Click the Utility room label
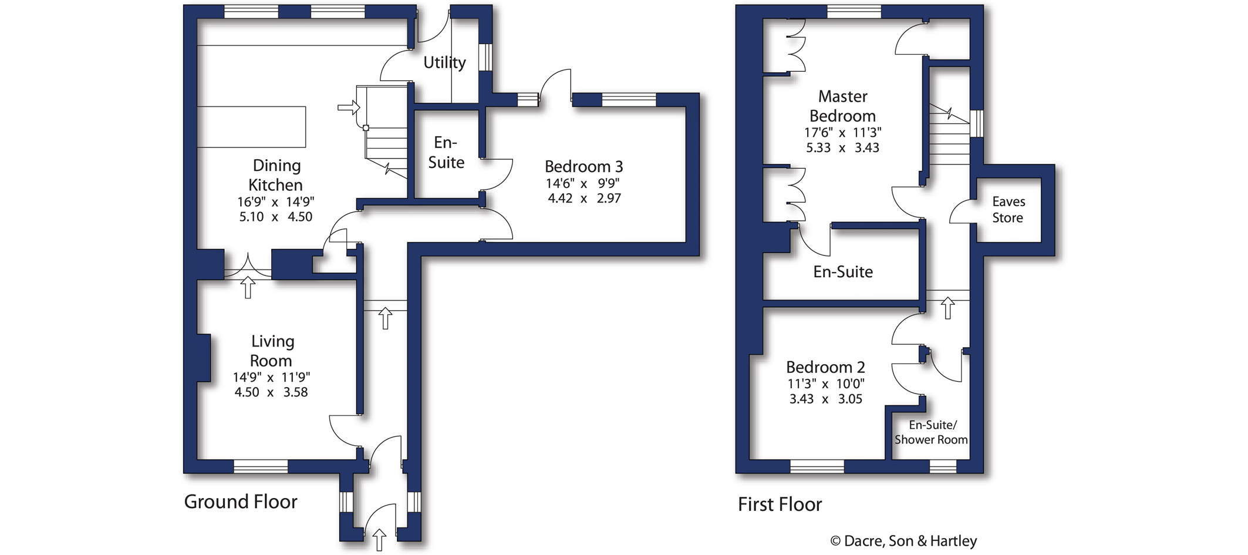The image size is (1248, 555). [x=444, y=62]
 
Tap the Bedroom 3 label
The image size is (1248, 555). [x=583, y=166]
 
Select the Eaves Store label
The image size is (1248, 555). [x=1008, y=210]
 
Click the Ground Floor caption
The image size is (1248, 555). [x=241, y=502]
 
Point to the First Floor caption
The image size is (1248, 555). [x=780, y=504]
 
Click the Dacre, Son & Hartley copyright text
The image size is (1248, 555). [x=903, y=541]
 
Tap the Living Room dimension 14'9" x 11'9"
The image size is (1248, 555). [x=271, y=377]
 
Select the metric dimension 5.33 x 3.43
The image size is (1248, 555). [x=842, y=148]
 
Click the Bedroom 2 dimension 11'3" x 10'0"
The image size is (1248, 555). [x=826, y=384]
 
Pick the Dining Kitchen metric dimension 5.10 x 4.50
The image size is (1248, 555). [x=275, y=217]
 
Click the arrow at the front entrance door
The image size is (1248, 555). [x=380, y=540]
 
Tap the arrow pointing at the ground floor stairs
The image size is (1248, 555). [x=349, y=107]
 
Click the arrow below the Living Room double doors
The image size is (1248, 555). [x=248, y=287]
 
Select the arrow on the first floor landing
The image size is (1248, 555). [x=948, y=308]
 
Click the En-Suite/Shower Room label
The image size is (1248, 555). [x=931, y=432]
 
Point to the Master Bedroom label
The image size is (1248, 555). [x=842, y=106]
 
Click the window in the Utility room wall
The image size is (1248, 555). [x=485, y=58]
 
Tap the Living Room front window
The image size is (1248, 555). [x=261, y=466]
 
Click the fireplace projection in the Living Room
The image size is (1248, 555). [x=204, y=358]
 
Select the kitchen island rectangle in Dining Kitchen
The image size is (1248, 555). [x=251, y=127]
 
